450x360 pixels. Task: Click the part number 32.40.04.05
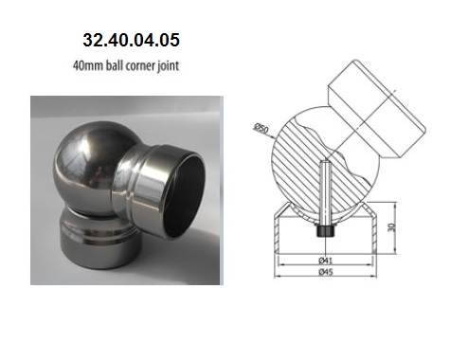(x=131, y=40)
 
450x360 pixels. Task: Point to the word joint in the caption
(x=169, y=66)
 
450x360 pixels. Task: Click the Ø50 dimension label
(x=261, y=128)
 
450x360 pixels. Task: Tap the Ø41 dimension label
(x=326, y=261)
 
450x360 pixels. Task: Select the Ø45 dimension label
(x=326, y=271)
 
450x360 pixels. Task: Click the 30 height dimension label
(x=392, y=226)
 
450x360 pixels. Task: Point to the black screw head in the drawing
(x=325, y=230)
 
